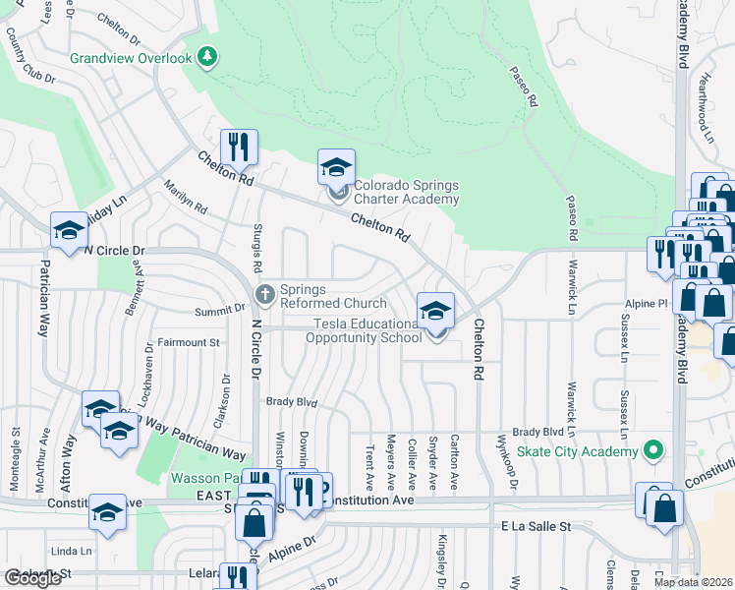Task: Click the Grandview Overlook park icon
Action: (x=206, y=59)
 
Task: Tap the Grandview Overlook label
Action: (x=131, y=59)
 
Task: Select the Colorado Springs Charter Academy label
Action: (x=406, y=192)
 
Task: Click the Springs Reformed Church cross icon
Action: (x=264, y=293)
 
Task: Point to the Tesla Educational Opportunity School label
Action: (x=363, y=330)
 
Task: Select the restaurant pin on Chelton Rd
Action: (x=239, y=148)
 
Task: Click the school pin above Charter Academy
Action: (x=336, y=167)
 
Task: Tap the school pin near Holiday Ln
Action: (x=69, y=231)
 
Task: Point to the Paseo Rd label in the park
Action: (x=524, y=87)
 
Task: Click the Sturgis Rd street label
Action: (x=258, y=250)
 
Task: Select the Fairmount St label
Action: (x=189, y=342)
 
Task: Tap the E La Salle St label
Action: (x=535, y=527)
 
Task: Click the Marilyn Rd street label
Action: (x=185, y=197)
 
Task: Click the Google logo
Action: (x=32, y=578)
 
